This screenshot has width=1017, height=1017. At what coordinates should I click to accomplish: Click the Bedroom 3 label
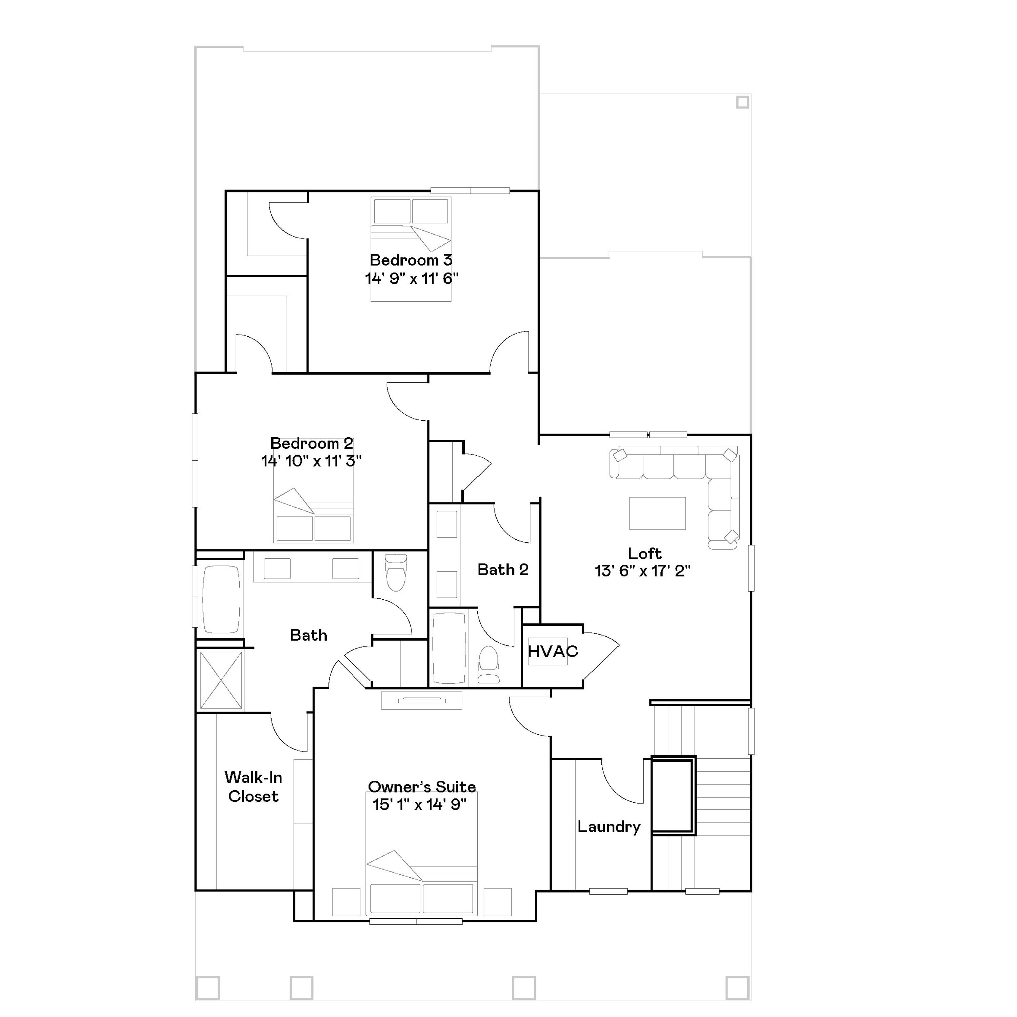pos(411,260)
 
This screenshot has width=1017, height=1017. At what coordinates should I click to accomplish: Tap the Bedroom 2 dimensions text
pos(311,461)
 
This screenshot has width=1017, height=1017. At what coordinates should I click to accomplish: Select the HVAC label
pos(553,652)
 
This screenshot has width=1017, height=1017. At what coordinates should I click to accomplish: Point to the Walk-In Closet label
pos(253,787)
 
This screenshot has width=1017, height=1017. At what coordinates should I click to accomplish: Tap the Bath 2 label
pos(503,570)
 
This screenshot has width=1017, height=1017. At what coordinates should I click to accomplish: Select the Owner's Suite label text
pos(422,787)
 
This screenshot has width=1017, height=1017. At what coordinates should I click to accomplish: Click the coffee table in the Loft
pos(657,513)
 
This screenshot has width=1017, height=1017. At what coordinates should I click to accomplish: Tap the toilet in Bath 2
pos(488,666)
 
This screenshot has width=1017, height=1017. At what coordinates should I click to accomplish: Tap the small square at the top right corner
pos(742,102)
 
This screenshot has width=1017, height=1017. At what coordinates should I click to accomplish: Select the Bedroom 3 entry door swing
pos(510,352)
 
